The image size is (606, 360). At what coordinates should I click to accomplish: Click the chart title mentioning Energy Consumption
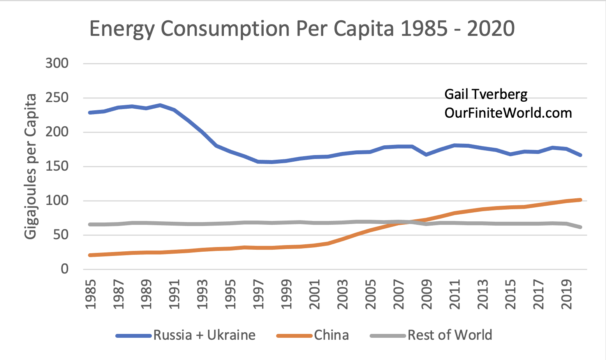[x=302, y=29]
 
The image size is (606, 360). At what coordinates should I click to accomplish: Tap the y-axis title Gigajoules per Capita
[x=30, y=166]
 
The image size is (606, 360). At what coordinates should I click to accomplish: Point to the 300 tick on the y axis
[x=57, y=63]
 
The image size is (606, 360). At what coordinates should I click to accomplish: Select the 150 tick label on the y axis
[x=57, y=166]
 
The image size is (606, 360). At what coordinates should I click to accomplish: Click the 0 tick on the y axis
[x=64, y=269]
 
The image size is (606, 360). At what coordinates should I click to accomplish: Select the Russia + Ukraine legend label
[x=204, y=335]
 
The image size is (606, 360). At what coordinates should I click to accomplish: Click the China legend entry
[x=331, y=335]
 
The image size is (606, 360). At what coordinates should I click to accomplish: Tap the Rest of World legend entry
[x=450, y=335]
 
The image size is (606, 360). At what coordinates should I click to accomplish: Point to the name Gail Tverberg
[x=486, y=94]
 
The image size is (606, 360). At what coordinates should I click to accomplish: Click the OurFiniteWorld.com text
[x=508, y=113]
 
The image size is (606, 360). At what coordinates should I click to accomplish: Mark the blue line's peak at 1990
[x=160, y=105]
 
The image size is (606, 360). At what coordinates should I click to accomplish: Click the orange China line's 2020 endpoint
[x=581, y=200]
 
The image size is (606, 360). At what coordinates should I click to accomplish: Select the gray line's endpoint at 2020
[x=581, y=227]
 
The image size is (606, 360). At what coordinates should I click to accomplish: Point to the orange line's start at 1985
[x=90, y=255]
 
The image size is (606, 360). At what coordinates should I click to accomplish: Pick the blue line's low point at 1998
[x=272, y=162]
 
